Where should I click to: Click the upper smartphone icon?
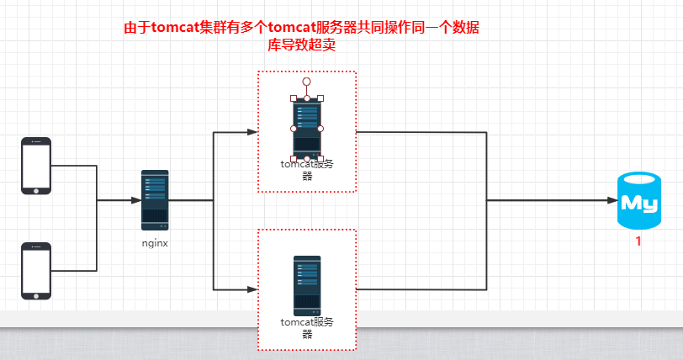point(36,166)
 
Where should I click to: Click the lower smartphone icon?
point(36,271)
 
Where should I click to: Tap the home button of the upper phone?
point(36,189)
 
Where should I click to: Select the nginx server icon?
point(155,200)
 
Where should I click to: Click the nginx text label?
point(155,242)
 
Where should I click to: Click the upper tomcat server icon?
point(307,128)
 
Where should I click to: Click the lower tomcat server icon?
point(307,285)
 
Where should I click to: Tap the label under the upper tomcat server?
point(307,170)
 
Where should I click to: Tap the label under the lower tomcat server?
point(307,326)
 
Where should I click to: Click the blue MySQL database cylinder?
point(638,200)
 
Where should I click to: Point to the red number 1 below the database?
point(638,242)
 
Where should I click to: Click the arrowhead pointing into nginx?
point(135,201)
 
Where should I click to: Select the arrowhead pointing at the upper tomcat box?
point(251,132)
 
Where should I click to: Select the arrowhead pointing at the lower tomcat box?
point(251,289)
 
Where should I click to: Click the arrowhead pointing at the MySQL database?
point(612,201)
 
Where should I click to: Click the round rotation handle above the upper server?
point(307,82)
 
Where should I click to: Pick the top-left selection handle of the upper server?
point(294,98)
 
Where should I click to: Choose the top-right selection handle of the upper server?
point(320,98)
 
